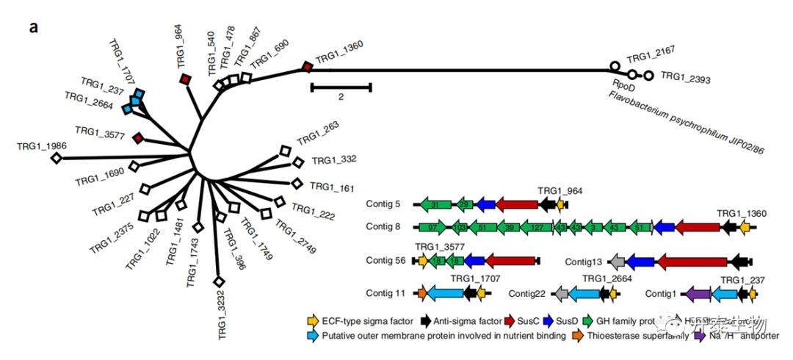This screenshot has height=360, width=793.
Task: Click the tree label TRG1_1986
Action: click(x=42, y=145)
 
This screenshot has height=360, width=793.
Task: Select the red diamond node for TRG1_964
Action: click(x=186, y=79)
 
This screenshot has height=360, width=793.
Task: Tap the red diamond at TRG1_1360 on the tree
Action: click(x=308, y=68)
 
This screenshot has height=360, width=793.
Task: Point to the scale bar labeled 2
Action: click(x=341, y=87)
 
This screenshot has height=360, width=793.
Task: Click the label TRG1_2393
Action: click(x=684, y=76)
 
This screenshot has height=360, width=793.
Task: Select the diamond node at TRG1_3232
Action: click(x=218, y=281)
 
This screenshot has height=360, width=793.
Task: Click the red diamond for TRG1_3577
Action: click(x=137, y=137)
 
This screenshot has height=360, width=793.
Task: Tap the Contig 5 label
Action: click(x=384, y=204)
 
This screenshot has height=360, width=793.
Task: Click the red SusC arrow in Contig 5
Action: click(x=518, y=204)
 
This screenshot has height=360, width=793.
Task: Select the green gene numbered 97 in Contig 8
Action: click(x=432, y=228)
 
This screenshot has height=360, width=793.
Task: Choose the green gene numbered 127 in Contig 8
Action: click(x=537, y=228)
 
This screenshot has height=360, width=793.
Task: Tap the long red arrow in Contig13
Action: click(x=691, y=261)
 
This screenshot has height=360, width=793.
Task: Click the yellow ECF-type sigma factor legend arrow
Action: click(x=314, y=321)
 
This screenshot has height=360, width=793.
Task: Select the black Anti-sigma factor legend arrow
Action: click(x=425, y=321)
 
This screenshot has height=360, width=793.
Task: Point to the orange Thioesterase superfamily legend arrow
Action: click(x=578, y=336)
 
